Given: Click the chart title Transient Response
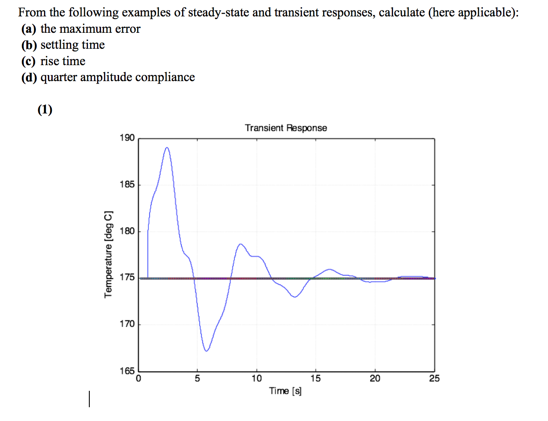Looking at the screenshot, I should tap(286, 128).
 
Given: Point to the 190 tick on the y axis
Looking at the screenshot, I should tap(127, 138).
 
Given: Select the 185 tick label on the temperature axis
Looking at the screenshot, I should tap(127, 185).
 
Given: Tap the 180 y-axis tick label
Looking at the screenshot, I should tap(127, 231).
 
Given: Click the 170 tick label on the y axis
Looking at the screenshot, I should tap(127, 324).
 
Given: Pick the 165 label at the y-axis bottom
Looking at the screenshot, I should tap(127, 371).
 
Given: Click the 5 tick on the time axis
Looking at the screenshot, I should tap(197, 379).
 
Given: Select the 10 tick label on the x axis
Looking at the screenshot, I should tap(256, 379).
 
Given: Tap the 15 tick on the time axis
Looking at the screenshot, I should tap(315, 379).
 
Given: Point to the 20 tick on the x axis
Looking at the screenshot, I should tap(375, 379).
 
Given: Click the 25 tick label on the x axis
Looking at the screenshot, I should tap(434, 379).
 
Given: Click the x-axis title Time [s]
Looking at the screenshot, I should tap(285, 391).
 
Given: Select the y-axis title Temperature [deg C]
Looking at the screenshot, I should tap(108, 254).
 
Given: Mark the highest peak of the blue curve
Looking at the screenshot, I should tap(167, 148).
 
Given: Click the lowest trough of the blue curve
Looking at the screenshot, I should tap(206, 351).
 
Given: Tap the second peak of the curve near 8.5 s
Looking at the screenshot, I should tap(240, 244).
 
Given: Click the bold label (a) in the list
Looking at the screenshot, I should tap(28, 29).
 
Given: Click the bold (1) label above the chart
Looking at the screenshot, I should tap(45, 110).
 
